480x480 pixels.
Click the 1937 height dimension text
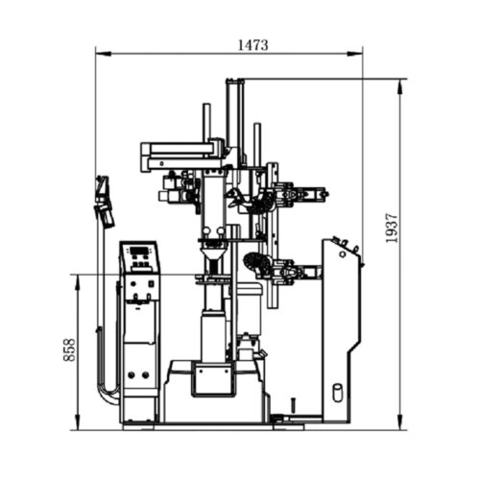[x=392, y=228]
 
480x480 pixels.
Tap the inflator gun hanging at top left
[x=103, y=202]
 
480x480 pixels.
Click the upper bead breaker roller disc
[x=256, y=204]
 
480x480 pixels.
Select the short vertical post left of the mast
[x=206, y=120]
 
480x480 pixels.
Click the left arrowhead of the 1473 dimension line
[x=97, y=54]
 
